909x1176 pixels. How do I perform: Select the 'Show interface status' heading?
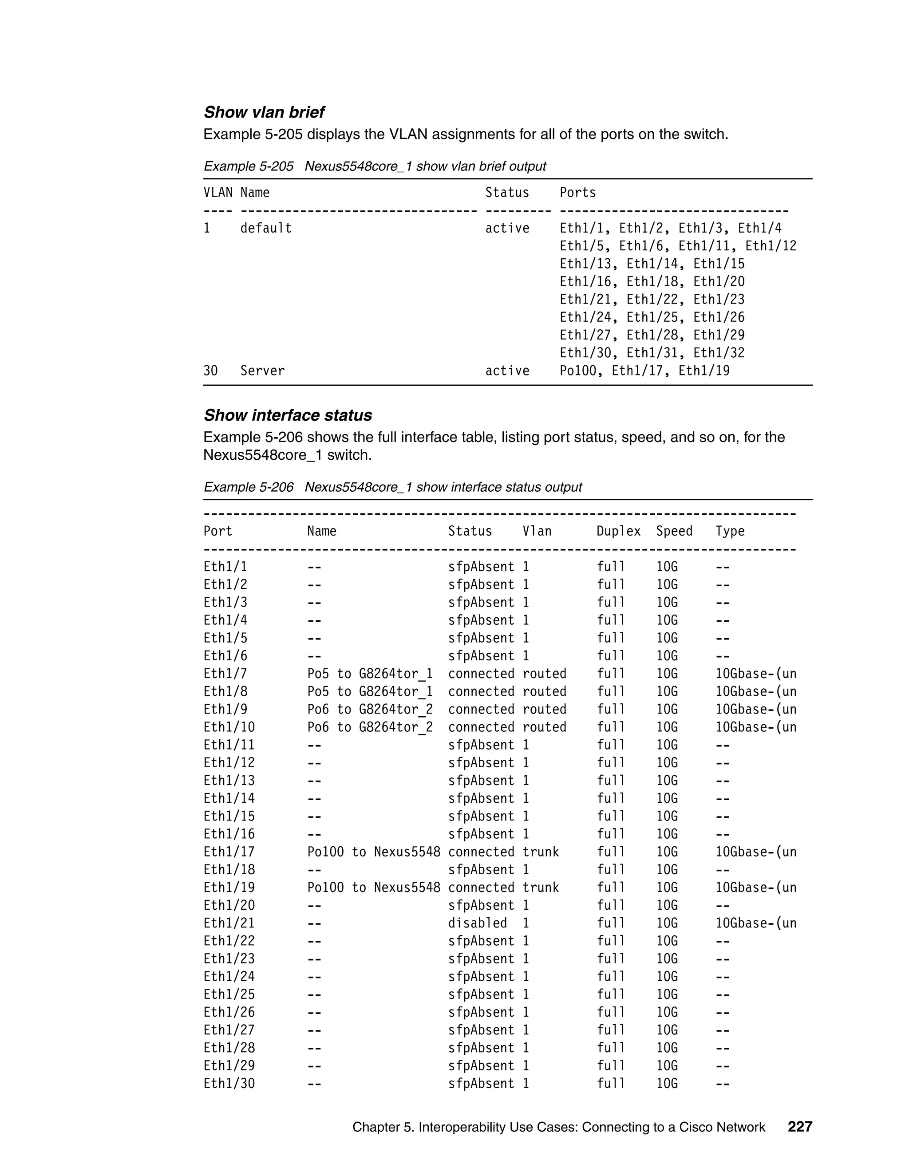pyautogui.click(x=288, y=415)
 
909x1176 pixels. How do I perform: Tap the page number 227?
pyautogui.click(x=800, y=1126)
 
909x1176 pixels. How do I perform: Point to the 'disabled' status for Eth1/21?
pyautogui.click(x=477, y=923)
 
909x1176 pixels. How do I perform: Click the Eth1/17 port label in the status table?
pyautogui.click(x=229, y=852)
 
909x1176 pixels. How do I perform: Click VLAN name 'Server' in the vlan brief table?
pyautogui.click(x=262, y=371)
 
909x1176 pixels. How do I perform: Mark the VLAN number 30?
pyautogui.click(x=210, y=371)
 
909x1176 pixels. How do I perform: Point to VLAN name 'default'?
pyautogui.click(x=266, y=228)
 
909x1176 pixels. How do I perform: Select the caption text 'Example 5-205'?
pyautogui.click(x=248, y=166)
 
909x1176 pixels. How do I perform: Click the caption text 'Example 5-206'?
pyautogui.click(x=248, y=487)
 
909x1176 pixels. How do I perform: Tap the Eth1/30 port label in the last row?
pyautogui.click(x=229, y=1083)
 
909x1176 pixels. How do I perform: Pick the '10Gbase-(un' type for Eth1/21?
pyautogui.click(x=755, y=923)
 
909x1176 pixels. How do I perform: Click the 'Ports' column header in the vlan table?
pyautogui.click(x=577, y=193)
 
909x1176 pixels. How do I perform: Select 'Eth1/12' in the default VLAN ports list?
pyautogui.click(x=771, y=246)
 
